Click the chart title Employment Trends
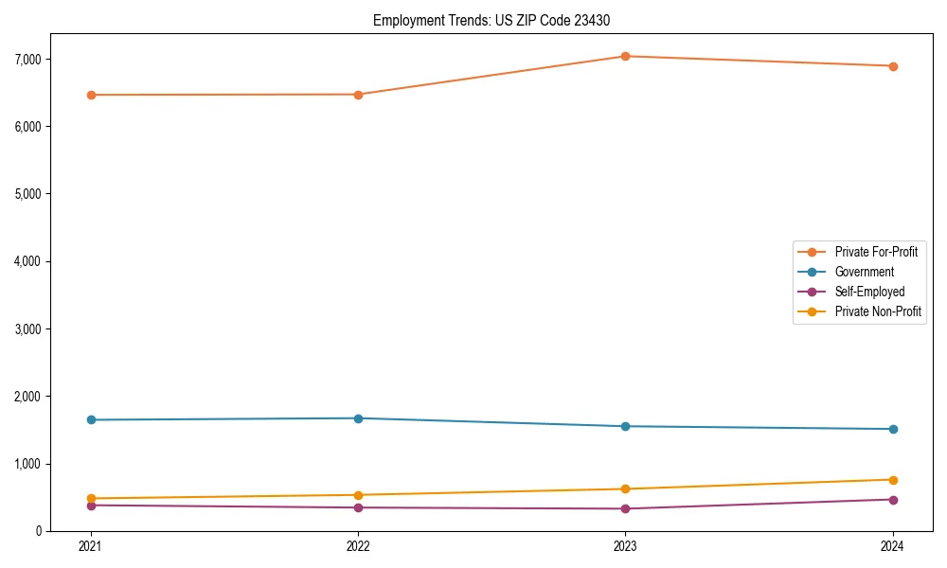pyautogui.click(x=497, y=20)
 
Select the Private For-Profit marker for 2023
pyautogui.click(x=625, y=56)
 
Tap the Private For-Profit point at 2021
pyautogui.click(x=91, y=95)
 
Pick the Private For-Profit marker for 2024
pyautogui.click(x=893, y=66)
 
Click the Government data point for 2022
pyautogui.click(x=358, y=418)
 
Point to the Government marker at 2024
pyautogui.click(x=893, y=429)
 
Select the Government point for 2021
pyautogui.click(x=91, y=419)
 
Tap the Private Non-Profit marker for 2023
pyautogui.click(x=625, y=488)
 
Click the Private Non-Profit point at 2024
pyautogui.click(x=893, y=480)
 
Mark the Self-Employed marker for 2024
pyautogui.click(x=893, y=499)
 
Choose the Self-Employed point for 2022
pyautogui.click(x=358, y=507)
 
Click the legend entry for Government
pyautogui.click(x=864, y=272)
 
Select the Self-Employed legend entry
pyautogui.click(x=869, y=292)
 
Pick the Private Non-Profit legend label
pyautogui.click(x=878, y=311)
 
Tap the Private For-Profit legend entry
pyautogui.click(x=876, y=252)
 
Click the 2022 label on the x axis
pyautogui.click(x=358, y=546)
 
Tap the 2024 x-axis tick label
pyautogui.click(x=893, y=546)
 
